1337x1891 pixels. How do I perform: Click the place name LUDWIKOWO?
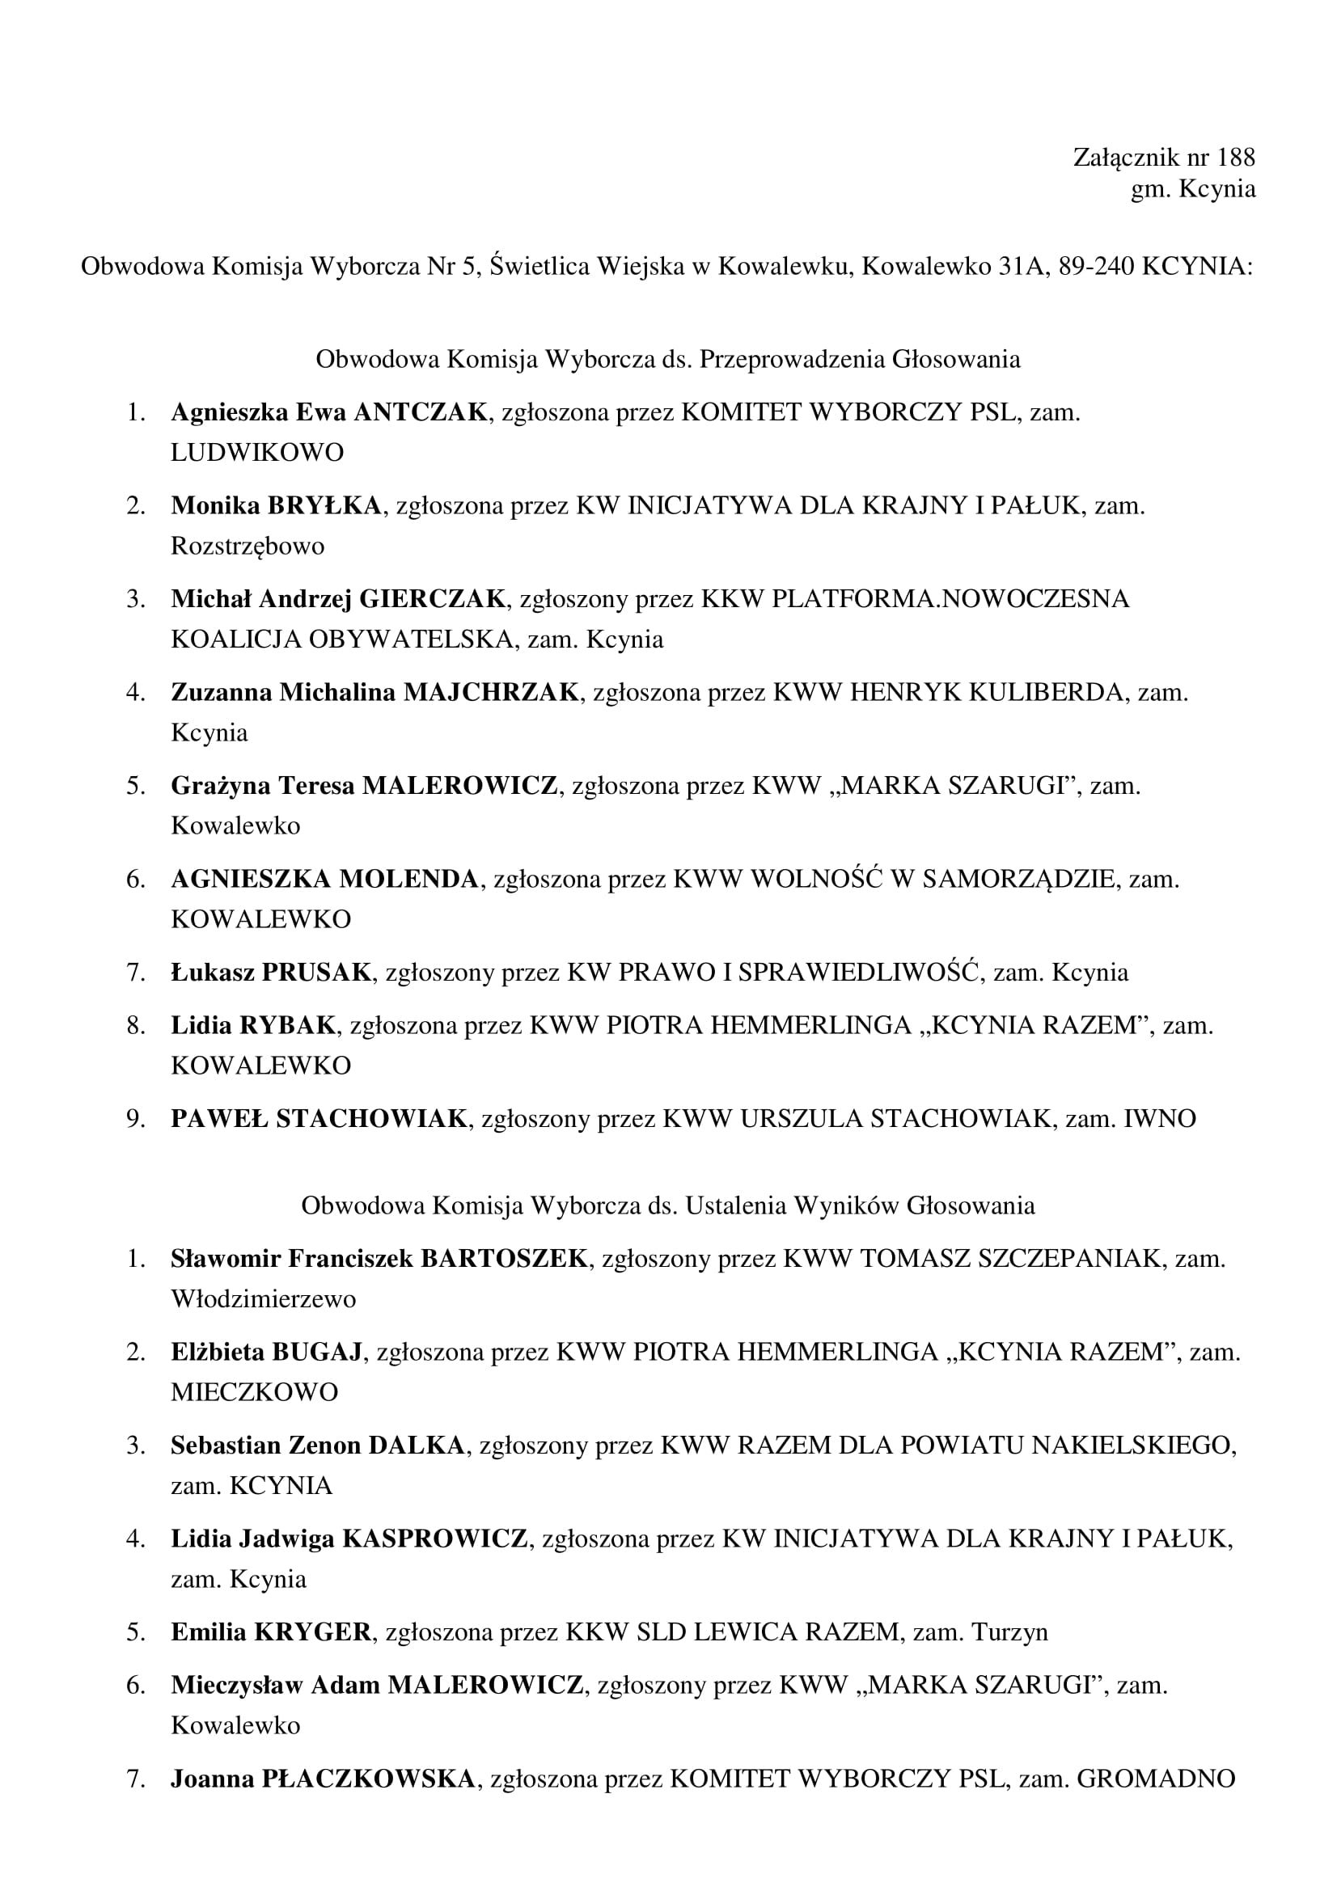257,452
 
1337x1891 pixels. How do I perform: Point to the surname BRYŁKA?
324,504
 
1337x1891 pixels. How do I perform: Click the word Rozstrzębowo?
248,545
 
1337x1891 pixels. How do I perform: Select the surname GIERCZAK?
433,599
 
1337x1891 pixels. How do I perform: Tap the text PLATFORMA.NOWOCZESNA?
950,599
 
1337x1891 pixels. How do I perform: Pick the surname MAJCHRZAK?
491,692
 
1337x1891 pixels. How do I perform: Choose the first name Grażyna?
220,786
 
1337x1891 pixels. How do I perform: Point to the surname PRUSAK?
316,973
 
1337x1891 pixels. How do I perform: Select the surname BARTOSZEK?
504,1259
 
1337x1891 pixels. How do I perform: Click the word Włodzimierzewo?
264,1299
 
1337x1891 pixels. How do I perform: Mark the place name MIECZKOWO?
255,1392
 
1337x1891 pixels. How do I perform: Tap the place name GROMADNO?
1155,1779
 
